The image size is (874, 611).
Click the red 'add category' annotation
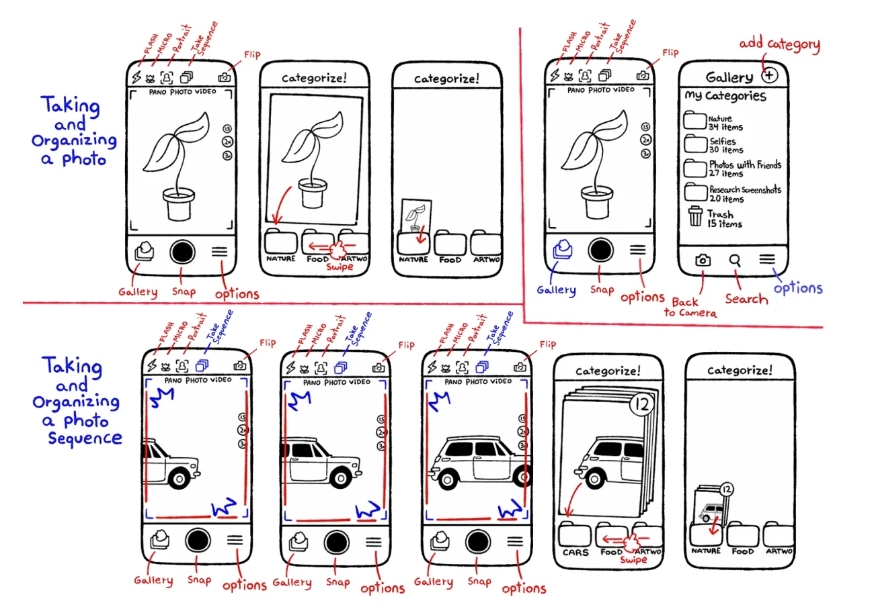pos(780,46)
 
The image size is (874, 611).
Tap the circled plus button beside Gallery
pos(769,75)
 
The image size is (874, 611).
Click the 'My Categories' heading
pos(725,96)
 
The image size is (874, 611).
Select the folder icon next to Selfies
pos(695,144)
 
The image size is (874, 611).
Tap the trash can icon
pos(695,217)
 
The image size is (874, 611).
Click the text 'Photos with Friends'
pos(745,164)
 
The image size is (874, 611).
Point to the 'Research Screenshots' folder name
pos(745,190)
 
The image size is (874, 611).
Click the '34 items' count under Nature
pos(725,127)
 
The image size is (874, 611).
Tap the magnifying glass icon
pos(735,260)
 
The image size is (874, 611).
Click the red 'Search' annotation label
pos(746,298)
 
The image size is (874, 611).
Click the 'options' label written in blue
pos(798,287)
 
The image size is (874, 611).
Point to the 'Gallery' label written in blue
pos(556,290)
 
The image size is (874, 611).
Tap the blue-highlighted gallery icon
pos(561,250)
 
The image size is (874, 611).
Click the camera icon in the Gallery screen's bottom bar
pos(703,260)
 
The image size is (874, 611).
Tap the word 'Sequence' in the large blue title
pos(85,438)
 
